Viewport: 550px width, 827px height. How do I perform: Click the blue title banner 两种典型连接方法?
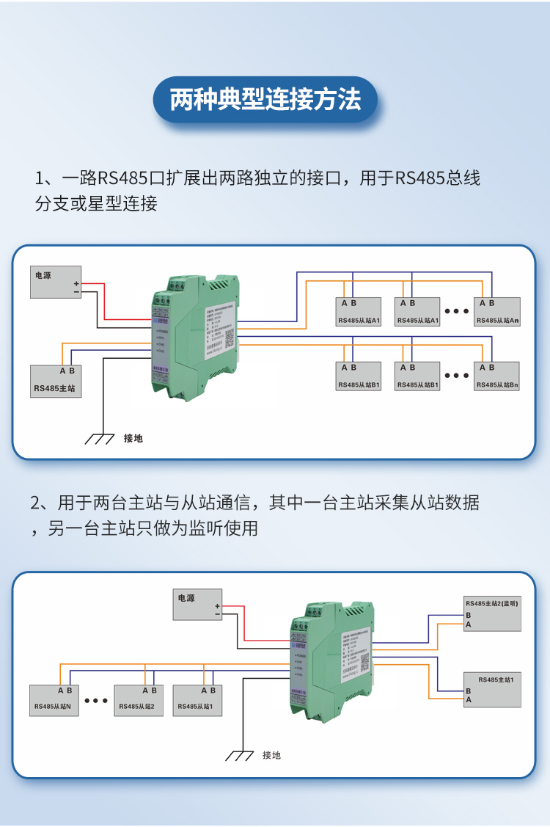point(265,100)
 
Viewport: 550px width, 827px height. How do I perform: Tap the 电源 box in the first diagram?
point(55,282)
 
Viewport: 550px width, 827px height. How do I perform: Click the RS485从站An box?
point(497,313)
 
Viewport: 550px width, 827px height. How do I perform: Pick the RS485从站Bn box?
point(497,376)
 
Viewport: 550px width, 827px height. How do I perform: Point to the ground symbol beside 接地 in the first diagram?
point(99,439)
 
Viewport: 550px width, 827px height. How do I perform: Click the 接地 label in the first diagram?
point(133,439)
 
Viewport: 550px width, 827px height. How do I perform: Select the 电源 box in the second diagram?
point(197,605)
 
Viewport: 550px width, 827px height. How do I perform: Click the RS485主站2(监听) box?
point(492,613)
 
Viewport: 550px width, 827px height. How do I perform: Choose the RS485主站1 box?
point(492,689)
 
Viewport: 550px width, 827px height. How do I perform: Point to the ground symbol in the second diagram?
point(238,755)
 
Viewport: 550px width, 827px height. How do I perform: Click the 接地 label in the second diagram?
point(271,755)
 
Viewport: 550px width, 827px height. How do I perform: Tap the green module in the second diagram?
point(334,657)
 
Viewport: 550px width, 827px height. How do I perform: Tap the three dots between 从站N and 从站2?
point(96,701)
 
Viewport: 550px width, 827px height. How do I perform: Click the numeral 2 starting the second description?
point(35,503)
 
